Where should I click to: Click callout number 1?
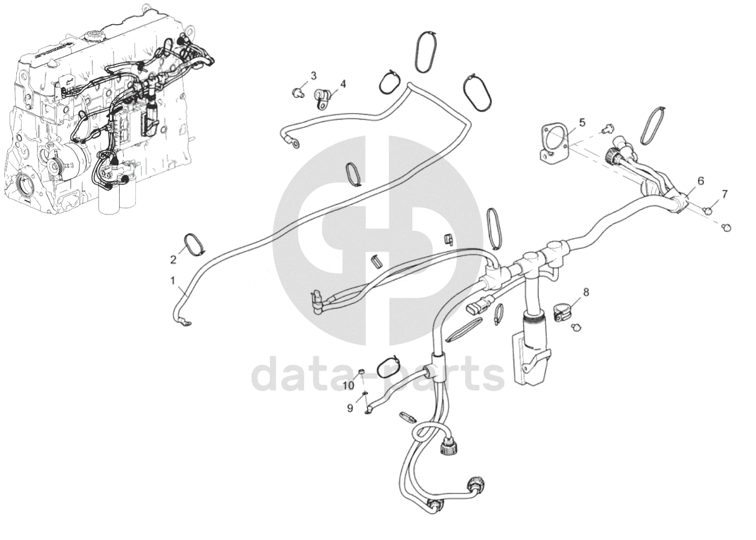pos(173,281)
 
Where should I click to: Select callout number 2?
pos(173,260)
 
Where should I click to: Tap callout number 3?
pos(313,76)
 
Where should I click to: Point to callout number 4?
pos(343,84)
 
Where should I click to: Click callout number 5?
pos(582,123)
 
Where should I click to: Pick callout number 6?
pos(700,181)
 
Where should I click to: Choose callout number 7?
pos(725,194)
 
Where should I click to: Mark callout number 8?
pos(585,292)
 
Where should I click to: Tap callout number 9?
pos(350,408)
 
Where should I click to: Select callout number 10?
pos(349,385)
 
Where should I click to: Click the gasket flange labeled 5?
pos(554,143)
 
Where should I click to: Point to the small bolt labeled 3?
pos(297,91)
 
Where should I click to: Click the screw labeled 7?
pos(707,209)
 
